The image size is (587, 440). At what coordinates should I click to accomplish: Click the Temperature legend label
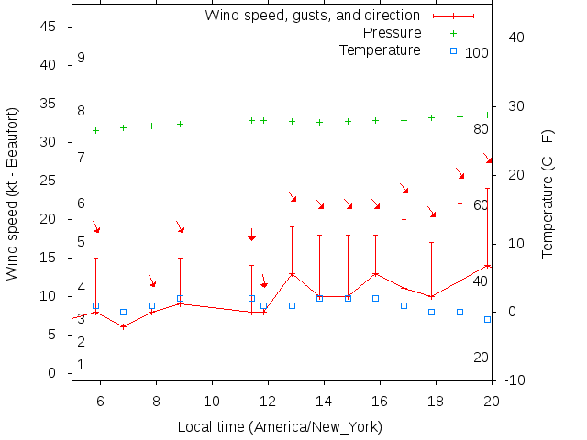pyautogui.click(x=380, y=49)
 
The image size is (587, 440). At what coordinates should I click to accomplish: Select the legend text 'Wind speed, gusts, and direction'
pyautogui.click(x=312, y=16)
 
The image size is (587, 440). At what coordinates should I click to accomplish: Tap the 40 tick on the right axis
pyautogui.click(x=515, y=38)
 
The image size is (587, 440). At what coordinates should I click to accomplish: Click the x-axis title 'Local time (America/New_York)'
pyautogui.click(x=280, y=427)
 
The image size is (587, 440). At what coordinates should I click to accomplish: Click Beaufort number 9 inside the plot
pyautogui.click(x=82, y=58)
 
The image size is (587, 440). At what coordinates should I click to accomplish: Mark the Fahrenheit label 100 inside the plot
pyautogui.click(x=477, y=53)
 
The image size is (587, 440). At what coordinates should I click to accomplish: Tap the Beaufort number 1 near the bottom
pyautogui.click(x=82, y=365)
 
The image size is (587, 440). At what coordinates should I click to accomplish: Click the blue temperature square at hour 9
pyautogui.click(x=181, y=299)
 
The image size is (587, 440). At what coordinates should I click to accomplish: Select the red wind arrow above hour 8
pyautogui.click(x=152, y=280)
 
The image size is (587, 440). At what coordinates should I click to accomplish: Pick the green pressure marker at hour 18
pyautogui.click(x=432, y=117)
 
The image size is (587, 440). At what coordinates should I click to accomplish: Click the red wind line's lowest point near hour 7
pyautogui.click(x=123, y=326)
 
